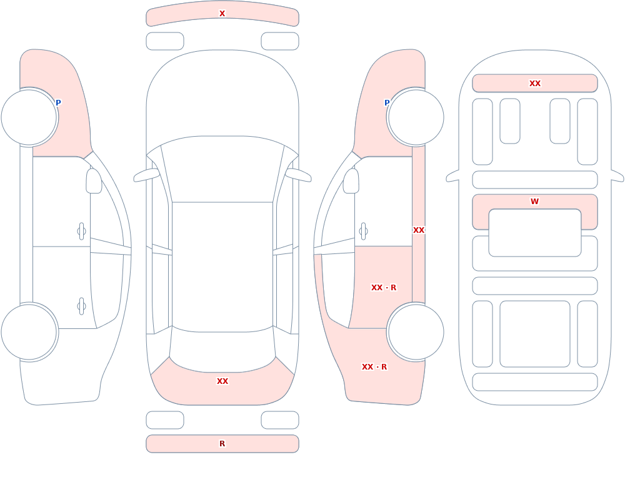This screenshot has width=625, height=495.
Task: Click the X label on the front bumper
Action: point(222,14)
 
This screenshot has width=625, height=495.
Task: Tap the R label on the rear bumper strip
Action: point(222,444)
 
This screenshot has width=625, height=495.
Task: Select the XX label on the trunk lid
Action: point(222,381)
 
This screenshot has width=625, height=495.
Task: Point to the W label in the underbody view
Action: point(534,202)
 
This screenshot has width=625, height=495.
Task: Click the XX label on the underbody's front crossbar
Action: point(535,83)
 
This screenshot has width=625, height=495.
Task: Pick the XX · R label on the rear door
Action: point(384,288)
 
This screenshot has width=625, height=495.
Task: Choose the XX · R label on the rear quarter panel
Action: point(374,367)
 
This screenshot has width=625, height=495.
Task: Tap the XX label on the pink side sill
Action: point(419,230)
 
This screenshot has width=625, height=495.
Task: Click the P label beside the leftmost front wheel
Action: point(58,103)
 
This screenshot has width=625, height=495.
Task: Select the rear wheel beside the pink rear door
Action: point(416,331)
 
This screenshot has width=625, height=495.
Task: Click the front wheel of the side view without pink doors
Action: point(29,117)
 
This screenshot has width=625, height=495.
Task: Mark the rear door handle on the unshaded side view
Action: point(81,306)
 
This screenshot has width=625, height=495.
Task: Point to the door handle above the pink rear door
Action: point(363,232)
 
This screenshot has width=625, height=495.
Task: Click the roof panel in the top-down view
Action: point(222,267)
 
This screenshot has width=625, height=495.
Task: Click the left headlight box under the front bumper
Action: point(165,41)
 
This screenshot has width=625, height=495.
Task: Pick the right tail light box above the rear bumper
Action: point(280,420)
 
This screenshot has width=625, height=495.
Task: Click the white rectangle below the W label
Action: point(535,233)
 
